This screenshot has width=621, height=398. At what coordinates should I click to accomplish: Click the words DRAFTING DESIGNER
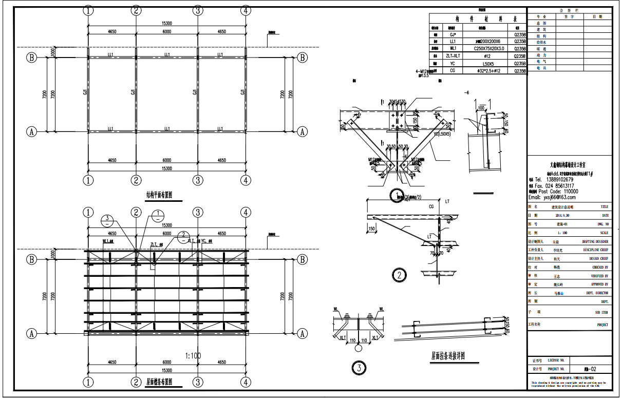[x=595, y=241]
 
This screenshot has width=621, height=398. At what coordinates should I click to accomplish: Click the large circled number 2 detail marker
[x=399, y=275]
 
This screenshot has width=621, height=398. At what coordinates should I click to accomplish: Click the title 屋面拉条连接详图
[x=448, y=355]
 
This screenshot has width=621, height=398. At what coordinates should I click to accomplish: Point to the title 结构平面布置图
[x=159, y=196]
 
